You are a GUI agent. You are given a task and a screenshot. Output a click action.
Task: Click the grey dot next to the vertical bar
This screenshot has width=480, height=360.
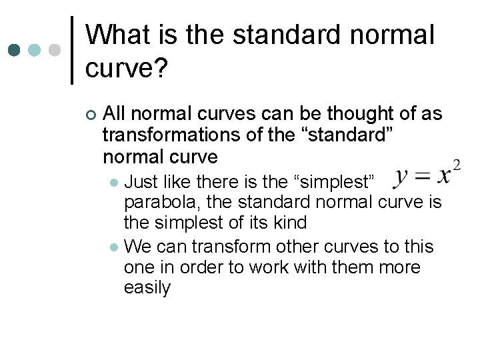click(55, 50)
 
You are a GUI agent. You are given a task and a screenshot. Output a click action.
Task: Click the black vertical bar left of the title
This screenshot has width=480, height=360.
click(72, 50)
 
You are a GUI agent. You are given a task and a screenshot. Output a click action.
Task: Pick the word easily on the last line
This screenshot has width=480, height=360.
click(147, 288)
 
